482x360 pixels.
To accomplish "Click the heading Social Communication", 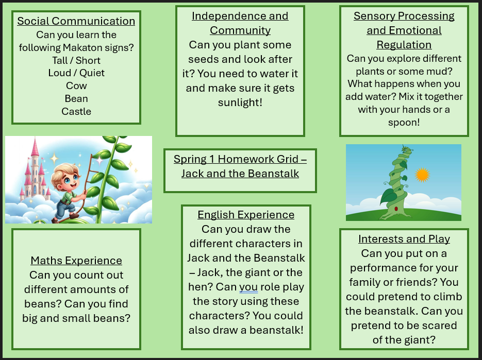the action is [76, 21].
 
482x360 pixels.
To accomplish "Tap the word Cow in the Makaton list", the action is [76, 85].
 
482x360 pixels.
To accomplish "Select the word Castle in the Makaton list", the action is [76, 111].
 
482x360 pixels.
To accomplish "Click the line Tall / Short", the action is [76, 60].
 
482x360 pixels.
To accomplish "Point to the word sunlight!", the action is [240, 102].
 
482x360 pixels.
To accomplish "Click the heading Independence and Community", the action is [240, 23].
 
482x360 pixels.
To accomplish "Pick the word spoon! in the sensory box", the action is [404, 123].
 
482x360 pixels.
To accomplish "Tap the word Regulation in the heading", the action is [404, 45].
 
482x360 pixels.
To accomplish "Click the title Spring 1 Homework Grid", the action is [240, 166].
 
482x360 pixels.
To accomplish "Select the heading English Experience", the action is [246, 215].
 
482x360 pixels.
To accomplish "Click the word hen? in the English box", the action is [201, 287].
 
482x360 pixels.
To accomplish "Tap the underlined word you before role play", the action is [248, 287].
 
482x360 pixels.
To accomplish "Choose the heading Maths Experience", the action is [76, 261].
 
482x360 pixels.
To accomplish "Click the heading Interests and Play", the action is [404, 239].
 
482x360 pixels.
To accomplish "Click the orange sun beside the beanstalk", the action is [422, 175].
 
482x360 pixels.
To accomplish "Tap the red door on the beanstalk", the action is [396, 209].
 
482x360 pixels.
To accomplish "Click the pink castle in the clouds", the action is [35, 172].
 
